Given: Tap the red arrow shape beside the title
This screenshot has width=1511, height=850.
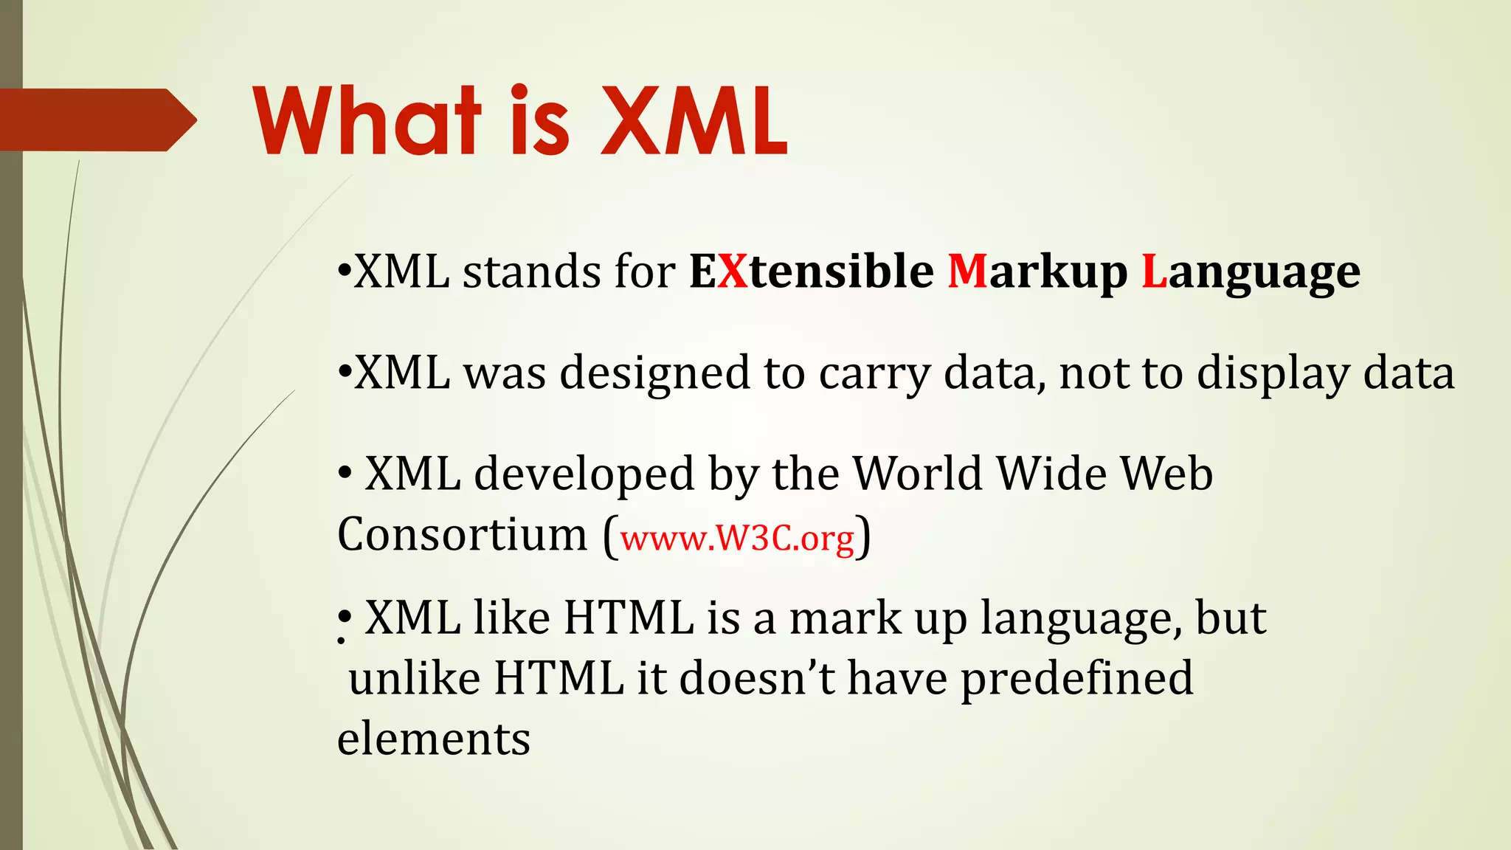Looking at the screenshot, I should [x=96, y=120].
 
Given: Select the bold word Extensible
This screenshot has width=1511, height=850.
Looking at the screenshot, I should [x=812, y=271].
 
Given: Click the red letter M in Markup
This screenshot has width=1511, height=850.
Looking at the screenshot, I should [x=967, y=271].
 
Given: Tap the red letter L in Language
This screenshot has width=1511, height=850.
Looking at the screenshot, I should [x=1153, y=271].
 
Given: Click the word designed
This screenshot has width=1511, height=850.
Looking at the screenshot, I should [x=655, y=373].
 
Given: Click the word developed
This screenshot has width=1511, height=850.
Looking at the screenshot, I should [x=584, y=474].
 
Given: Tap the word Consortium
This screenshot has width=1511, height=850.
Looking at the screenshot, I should [x=462, y=534].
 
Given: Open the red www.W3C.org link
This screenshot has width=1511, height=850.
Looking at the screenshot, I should [x=737, y=538].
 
